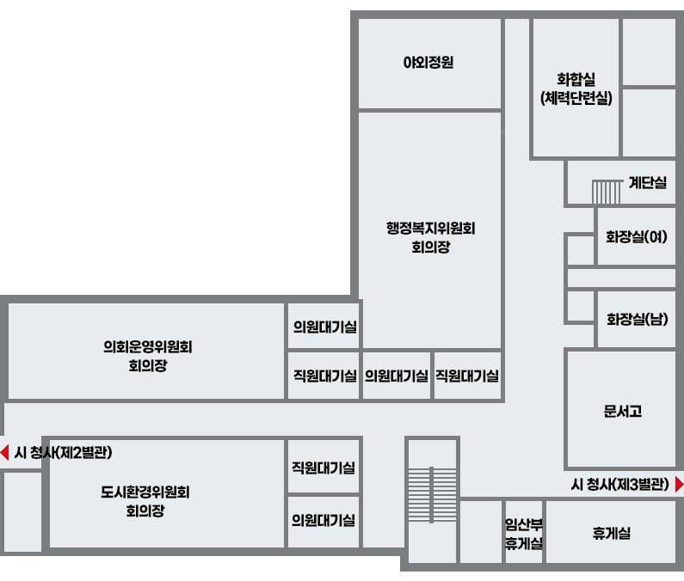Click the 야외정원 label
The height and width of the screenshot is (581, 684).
(428, 63)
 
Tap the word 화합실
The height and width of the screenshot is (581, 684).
(576, 79)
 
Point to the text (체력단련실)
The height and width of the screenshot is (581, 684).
(576, 98)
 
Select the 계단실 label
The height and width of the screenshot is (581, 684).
(648, 182)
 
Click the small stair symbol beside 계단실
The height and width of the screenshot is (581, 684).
(607, 192)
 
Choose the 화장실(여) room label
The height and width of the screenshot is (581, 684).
(637, 236)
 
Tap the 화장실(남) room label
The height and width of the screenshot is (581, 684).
(638, 319)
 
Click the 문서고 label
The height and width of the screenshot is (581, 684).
(623, 411)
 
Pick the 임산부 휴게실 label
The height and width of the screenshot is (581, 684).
(524, 534)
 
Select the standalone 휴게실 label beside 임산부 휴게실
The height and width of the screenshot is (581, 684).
(611, 533)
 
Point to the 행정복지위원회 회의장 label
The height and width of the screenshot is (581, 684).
(430, 237)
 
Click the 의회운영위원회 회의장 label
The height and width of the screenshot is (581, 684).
(148, 356)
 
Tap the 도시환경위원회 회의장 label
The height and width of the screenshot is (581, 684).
(145, 501)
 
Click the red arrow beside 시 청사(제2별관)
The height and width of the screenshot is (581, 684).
(5, 452)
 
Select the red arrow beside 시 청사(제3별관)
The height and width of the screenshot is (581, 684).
(679, 484)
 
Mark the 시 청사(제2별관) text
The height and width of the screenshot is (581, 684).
(64, 452)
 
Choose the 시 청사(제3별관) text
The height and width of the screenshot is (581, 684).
(619, 484)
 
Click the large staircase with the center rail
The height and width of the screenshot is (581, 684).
(431, 495)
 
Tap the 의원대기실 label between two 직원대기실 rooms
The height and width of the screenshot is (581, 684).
(396, 376)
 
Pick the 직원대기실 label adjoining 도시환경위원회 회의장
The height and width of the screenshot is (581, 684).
(324, 468)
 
